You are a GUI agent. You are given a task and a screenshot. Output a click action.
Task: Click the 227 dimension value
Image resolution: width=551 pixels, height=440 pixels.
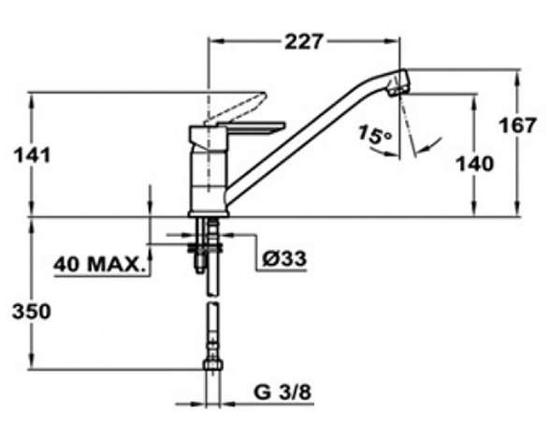click(303, 41)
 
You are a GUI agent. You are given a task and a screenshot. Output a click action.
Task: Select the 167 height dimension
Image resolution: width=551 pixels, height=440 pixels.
click(517, 125)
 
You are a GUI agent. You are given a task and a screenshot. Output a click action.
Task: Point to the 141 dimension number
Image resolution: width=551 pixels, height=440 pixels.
click(32, 155)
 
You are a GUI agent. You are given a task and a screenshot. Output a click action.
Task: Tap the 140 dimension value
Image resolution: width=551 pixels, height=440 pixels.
click(474, 164)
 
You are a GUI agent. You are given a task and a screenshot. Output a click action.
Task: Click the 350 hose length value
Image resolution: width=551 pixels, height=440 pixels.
click(32, 312)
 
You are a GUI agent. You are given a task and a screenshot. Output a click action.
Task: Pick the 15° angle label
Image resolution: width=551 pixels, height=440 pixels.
click(374, 135)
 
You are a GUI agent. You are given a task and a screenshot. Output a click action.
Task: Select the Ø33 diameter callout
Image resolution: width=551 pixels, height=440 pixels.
click(284, 259)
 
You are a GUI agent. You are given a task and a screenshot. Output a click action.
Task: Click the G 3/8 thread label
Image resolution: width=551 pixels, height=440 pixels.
click(283, 392)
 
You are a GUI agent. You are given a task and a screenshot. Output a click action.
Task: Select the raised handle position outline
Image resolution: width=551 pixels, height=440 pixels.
click(238, 108)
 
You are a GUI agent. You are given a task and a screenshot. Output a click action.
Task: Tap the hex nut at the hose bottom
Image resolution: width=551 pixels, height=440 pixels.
click(213, 364)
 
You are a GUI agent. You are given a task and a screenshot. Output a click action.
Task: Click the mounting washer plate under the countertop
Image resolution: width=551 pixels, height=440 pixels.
click(205, 248)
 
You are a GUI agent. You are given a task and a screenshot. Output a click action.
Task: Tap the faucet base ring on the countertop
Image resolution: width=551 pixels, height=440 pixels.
click(209, 213)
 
